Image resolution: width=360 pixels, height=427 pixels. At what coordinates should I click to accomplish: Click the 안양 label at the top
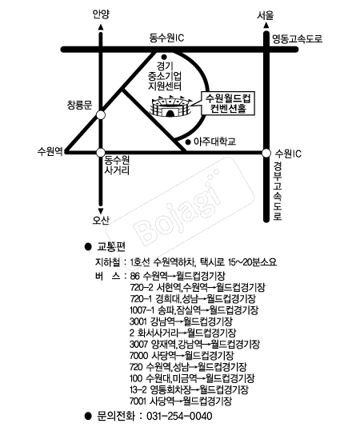coord(101,14)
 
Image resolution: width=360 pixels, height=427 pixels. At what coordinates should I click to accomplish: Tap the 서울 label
coord(265,15)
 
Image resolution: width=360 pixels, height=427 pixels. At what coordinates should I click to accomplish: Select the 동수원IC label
coord(166,38)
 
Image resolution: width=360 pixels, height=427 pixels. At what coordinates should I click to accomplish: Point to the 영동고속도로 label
coord(298,38)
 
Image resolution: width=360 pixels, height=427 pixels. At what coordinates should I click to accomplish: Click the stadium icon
coord(171,106)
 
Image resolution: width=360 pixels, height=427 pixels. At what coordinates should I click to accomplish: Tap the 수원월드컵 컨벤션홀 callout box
coord(228,103)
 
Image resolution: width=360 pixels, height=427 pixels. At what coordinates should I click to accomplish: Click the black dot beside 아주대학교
coord(188,142)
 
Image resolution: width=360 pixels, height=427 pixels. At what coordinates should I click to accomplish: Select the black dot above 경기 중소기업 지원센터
coord(164,57)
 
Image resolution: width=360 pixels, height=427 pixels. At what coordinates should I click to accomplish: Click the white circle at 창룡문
coord(101,115)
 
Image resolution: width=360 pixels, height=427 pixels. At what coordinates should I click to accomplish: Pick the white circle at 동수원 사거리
coord(101,153)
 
